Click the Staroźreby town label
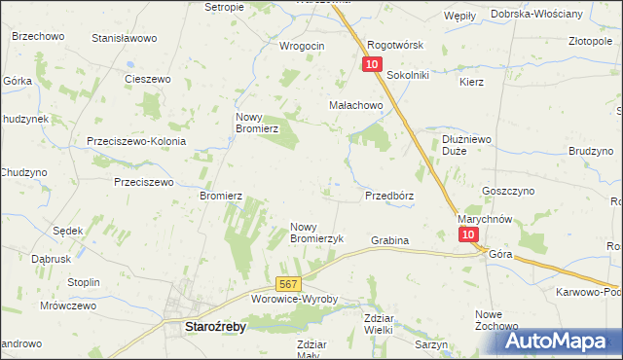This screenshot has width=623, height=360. pyautogui.click(x=215, y=328)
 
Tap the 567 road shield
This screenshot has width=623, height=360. pyautogui.click(x=286, y=284)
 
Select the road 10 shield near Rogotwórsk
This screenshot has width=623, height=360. pyautogui.click(x=372, y=64)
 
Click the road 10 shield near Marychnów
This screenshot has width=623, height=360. pyautogui.click(x=468, y=235)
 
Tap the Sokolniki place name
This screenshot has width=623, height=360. pyautogui.click(x=409, y=74)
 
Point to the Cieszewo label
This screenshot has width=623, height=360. pyautogui.click(x=148, y=79)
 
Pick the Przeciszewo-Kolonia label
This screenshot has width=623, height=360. pyautogui.click(x=136, y=140)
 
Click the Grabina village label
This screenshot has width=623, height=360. pyautogui.click(x=389, y=240)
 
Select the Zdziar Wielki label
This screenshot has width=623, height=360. pyautogui.click(x=378, y=324)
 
